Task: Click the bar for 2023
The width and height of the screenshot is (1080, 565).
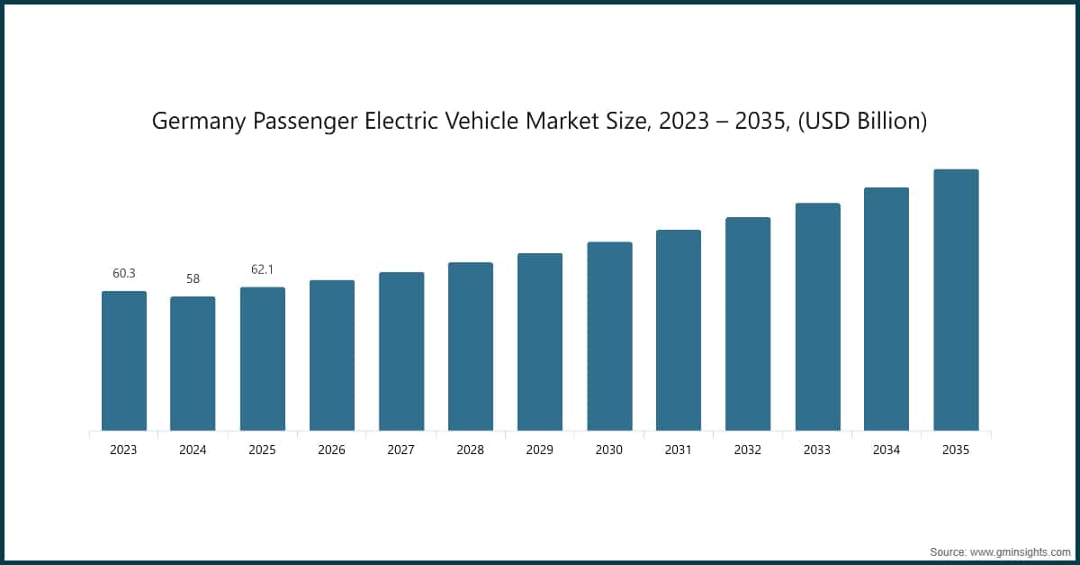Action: point(124,360)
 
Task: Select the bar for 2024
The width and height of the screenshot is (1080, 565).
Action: point(193,363)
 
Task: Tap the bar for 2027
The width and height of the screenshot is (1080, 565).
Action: point(401,351)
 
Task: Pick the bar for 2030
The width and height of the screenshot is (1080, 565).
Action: point(609,336)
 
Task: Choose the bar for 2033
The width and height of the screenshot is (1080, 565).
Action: point(817,316)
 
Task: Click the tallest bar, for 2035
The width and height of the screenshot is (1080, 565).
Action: point(956,299)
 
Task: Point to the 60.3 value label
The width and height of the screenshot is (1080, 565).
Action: point(124,273)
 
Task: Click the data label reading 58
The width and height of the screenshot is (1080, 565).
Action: point(193,278)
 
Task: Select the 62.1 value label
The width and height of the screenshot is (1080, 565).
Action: point(263,269)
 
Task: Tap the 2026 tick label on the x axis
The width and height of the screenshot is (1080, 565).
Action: point(332,450)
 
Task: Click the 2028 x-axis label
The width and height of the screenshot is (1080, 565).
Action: point(471,450)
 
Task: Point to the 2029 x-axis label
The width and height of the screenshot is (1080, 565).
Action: point(540,450)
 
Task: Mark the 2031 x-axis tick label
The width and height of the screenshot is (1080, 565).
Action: point(679,450)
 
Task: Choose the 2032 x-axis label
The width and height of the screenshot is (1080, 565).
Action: point(748,450)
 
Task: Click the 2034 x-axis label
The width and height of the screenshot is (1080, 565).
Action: point(886,450)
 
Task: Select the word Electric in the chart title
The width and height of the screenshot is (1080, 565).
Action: point(441,122)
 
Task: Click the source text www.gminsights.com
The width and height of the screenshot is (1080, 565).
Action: point(1017,551)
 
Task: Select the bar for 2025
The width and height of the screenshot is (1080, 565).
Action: point(263,359)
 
